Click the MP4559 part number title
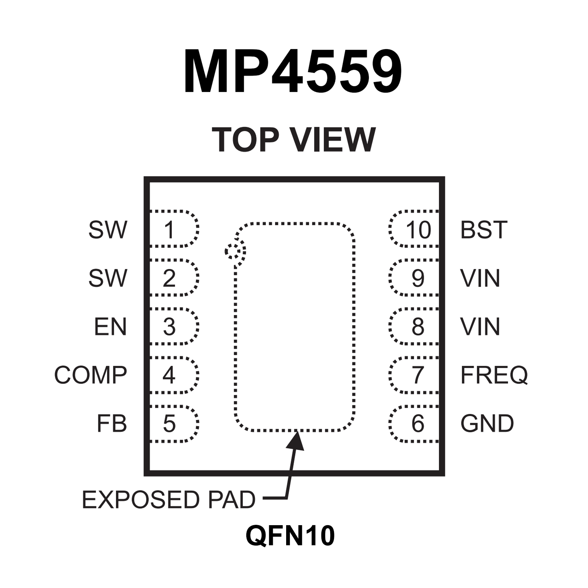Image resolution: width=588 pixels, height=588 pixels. [293, 72]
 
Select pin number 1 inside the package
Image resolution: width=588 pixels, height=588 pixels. [169, 230]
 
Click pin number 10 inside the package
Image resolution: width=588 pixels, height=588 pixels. [418, 230]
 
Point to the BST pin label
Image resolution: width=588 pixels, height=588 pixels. [483, 230]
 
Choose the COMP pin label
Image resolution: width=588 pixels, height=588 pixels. [90, 375]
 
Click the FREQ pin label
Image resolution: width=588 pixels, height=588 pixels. [494, 375]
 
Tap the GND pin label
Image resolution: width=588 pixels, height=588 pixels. [487, 424]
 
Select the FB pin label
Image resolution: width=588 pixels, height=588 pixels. [111, 424]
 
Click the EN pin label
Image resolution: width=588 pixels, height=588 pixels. [110, 327]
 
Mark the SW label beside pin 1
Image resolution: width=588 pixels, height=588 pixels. [107, 230]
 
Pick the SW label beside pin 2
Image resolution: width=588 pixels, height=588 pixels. [107, 278]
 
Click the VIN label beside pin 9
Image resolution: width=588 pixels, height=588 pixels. [480, 278]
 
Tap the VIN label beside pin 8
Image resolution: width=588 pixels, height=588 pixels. [480, 327]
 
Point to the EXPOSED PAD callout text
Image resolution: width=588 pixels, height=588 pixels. [169, 500]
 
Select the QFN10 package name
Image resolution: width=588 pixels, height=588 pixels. [290, 536]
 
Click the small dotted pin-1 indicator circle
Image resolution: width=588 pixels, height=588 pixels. [235, 252]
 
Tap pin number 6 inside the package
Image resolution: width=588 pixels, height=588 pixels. [418, 424]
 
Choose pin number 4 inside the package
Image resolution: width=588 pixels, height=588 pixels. [169, 375]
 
